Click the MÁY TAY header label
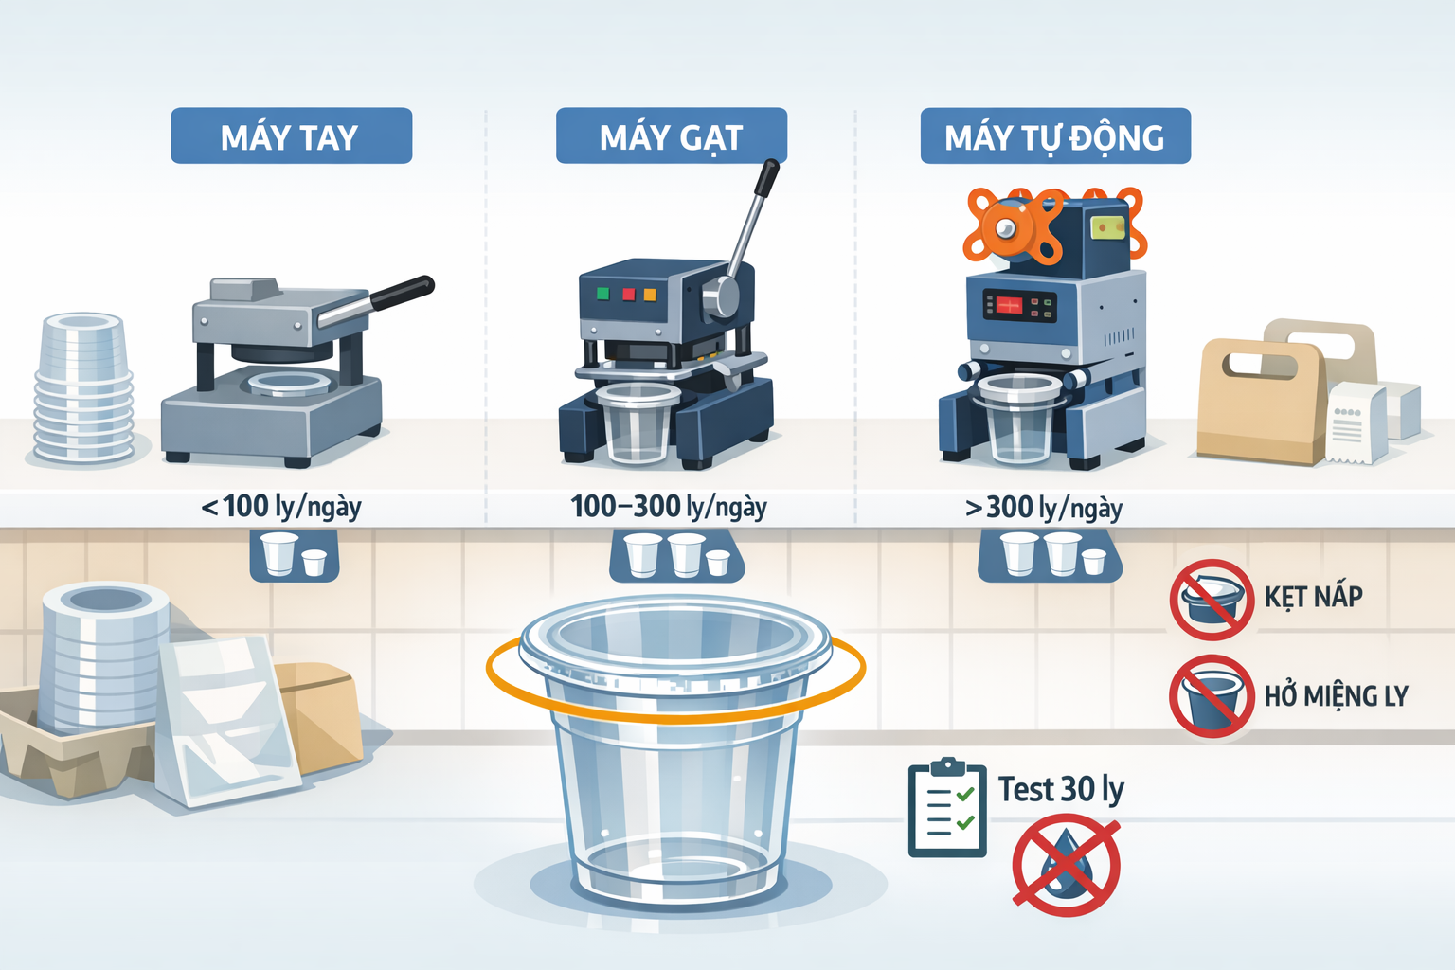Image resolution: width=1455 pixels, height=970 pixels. click(291, 136)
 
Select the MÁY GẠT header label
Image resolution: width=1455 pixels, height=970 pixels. click(671, 136)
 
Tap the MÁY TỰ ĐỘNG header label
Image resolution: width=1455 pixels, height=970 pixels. click(1054, 137)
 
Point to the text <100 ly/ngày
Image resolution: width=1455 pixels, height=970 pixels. click(281, 507)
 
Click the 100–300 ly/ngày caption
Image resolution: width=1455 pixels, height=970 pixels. click(669, 507)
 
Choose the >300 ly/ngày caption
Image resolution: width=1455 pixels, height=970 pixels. click(1044, 509)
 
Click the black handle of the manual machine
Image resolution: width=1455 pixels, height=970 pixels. click(403, 293)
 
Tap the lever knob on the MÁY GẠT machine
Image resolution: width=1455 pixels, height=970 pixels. click(768, 175)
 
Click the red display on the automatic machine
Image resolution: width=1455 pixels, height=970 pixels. click(1008, 305)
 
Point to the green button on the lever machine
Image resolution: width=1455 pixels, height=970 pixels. click(602, 294)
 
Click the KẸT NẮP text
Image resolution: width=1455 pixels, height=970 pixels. click(1313, 597)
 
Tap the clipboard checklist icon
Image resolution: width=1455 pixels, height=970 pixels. click(947, 809)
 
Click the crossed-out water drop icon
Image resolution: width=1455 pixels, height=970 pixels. click(1066, 866)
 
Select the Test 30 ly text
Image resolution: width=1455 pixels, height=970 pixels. click(1061, 789)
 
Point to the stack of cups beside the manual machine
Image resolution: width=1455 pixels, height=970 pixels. click(84, 388)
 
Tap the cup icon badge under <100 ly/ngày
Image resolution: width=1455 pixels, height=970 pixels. click(294, 555)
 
